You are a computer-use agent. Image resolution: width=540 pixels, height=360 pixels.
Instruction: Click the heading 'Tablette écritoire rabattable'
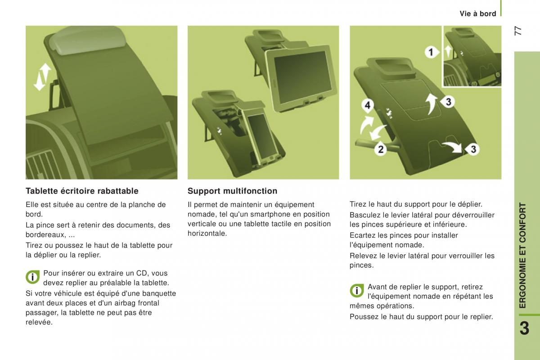[x=82, y=191]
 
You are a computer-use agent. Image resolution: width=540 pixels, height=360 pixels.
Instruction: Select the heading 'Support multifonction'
[x=232, y=191]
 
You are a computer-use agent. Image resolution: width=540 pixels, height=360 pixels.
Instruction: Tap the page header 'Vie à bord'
[x=478, y=14]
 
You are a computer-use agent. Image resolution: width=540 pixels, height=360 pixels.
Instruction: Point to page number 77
[x=518, y=31]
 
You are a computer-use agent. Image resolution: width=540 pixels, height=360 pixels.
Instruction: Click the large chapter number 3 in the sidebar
[x=524, y=328]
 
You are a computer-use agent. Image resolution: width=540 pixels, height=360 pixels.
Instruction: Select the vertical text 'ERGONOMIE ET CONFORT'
[x=522, y=255]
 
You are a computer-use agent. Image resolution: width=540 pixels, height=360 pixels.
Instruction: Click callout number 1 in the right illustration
[x=431, y=52]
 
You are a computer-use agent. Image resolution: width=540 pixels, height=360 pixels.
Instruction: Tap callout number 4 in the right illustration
[x=368, y=105]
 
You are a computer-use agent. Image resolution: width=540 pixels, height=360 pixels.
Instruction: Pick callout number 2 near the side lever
[x=381, y=149]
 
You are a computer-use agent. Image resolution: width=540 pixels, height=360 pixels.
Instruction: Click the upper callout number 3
[x=448, y=102]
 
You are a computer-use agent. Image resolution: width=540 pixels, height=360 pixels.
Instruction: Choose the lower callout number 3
[x=473, y=149]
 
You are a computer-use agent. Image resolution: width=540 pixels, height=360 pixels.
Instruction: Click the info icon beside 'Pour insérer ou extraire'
[x=33, y=277]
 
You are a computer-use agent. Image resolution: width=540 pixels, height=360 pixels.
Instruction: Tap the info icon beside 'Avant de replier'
[x=357, y=291]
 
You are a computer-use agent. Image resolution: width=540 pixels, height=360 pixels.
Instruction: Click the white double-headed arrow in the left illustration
[x=42, y=76]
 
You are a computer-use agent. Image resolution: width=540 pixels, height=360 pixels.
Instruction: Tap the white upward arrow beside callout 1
[x=448, y=52]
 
